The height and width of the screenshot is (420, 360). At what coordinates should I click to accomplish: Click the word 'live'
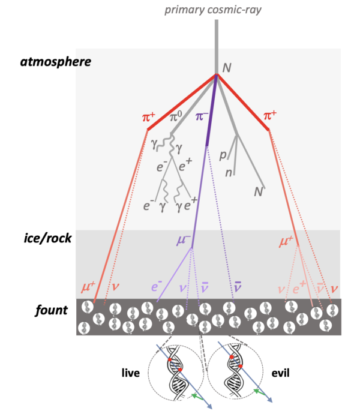point(131,373)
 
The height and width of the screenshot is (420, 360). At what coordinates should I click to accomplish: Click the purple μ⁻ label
point(184,240)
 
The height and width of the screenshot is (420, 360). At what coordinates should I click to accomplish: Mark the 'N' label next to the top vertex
point(227,68)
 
